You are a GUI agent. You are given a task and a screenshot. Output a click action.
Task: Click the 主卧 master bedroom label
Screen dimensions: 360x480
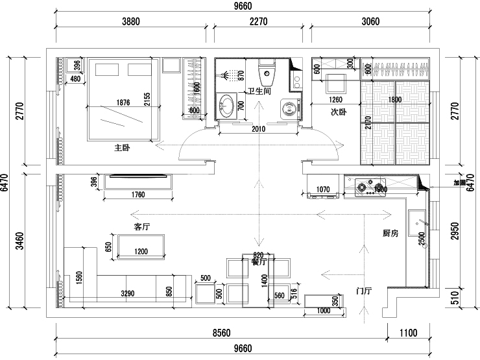[123, 148]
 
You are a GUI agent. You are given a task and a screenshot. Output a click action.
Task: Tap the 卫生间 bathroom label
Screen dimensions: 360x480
[254, 91]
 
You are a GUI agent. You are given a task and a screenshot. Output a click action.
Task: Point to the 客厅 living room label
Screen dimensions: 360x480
[143, 227]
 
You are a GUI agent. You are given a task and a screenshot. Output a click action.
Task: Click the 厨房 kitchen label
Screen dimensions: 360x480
[390, 233]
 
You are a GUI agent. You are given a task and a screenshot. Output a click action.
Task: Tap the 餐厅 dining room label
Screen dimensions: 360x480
[259, 263]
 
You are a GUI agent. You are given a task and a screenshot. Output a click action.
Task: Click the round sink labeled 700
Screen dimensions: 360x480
[227, 106]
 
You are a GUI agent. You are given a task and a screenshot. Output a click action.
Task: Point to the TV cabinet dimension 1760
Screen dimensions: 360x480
[137, 194]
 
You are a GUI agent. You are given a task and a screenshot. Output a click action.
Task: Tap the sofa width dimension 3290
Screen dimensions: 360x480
[127, 294]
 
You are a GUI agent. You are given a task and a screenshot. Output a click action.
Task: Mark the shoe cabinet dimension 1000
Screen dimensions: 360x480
[322, 311]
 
